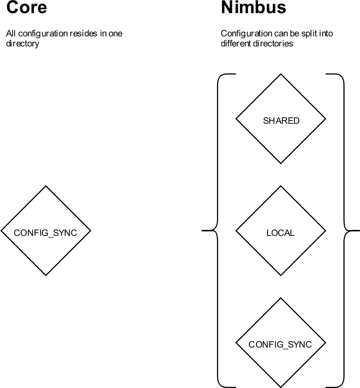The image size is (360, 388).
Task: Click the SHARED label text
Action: (281, 121)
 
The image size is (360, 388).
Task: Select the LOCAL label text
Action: (280, 233)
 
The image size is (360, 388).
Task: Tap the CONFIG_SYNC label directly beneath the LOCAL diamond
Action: (280, 345)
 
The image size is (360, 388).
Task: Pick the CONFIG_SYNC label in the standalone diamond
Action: (45, 233)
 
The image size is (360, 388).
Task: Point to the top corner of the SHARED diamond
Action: (281, 76)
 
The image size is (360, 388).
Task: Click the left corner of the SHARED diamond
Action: (237, 119)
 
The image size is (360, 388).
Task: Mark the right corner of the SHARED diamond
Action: (324, 119)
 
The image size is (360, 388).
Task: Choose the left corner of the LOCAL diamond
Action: (237, 231)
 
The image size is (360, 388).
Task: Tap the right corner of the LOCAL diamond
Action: (324, 231)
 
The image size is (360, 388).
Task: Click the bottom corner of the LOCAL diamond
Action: (281, 274)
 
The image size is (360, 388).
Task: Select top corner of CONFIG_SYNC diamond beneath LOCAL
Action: (281, 299)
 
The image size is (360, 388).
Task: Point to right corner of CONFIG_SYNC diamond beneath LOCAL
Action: (324, 343)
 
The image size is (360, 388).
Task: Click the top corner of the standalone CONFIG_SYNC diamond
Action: (46, 187)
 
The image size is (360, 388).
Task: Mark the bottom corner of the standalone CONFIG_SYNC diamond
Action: (46, 274)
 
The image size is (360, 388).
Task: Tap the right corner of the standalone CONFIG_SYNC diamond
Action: (89, 231)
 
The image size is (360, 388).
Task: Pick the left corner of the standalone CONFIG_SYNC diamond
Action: (3, 231)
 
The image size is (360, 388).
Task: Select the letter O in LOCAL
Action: (274, 233)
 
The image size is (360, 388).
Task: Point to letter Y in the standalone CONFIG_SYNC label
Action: (61, 233)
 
